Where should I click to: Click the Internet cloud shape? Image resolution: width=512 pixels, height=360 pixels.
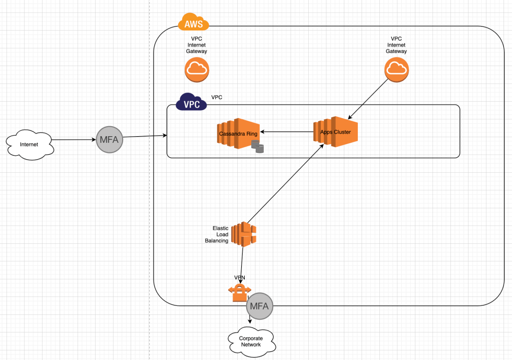coord(30,145)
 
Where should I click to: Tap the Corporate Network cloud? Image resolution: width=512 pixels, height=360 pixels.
coord(251,341)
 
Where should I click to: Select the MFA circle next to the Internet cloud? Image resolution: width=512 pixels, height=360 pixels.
coord(109,140)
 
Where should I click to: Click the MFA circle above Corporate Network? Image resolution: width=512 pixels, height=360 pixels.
coord(260,306)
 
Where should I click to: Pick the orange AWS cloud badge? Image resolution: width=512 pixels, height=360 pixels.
coord(193,23)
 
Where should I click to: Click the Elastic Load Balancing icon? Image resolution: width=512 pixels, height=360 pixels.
coord(244,234)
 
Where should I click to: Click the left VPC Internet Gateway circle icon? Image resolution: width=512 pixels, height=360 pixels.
coord(197,70)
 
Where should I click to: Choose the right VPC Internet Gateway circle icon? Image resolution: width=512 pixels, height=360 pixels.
coord(396,70)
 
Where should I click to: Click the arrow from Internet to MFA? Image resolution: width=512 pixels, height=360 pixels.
coord(74,140)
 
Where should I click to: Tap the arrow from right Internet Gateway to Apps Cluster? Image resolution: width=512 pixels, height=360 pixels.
coord(369,99)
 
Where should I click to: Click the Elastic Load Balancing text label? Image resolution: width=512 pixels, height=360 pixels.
coord(216,234)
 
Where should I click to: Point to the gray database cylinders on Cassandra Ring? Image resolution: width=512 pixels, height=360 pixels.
coord(257,147)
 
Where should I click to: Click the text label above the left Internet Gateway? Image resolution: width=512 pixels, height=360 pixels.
coord(196,45)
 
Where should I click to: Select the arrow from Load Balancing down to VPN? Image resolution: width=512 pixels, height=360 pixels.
coord(242,265)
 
